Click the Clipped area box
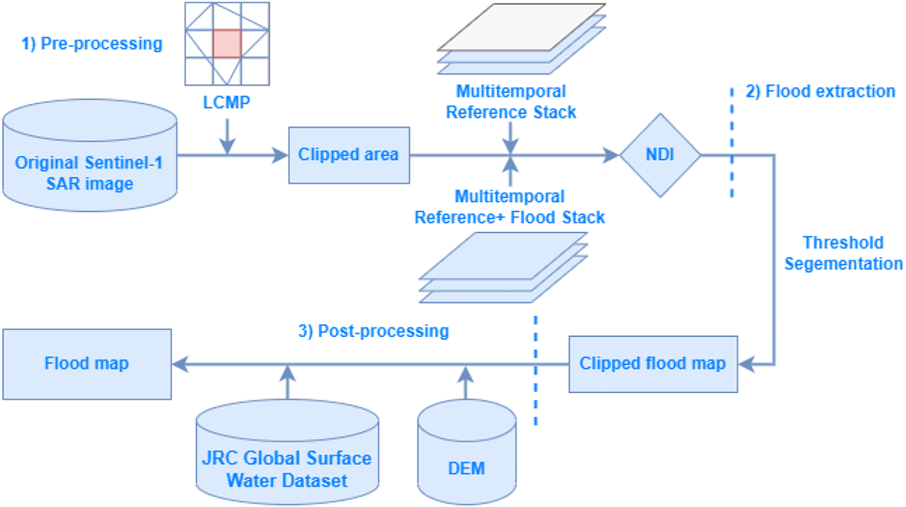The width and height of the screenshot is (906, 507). point(349,155)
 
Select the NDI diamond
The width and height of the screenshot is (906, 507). point(660,155)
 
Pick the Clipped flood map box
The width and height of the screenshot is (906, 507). point(653,364)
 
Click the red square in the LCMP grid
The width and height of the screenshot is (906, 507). point(226,44)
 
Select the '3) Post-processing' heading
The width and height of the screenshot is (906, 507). point(373,331)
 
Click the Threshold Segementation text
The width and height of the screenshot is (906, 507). point(843,253)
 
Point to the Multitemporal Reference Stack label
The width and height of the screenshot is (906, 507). point(510,102)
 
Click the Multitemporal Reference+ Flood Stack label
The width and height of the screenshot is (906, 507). point(510,207)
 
